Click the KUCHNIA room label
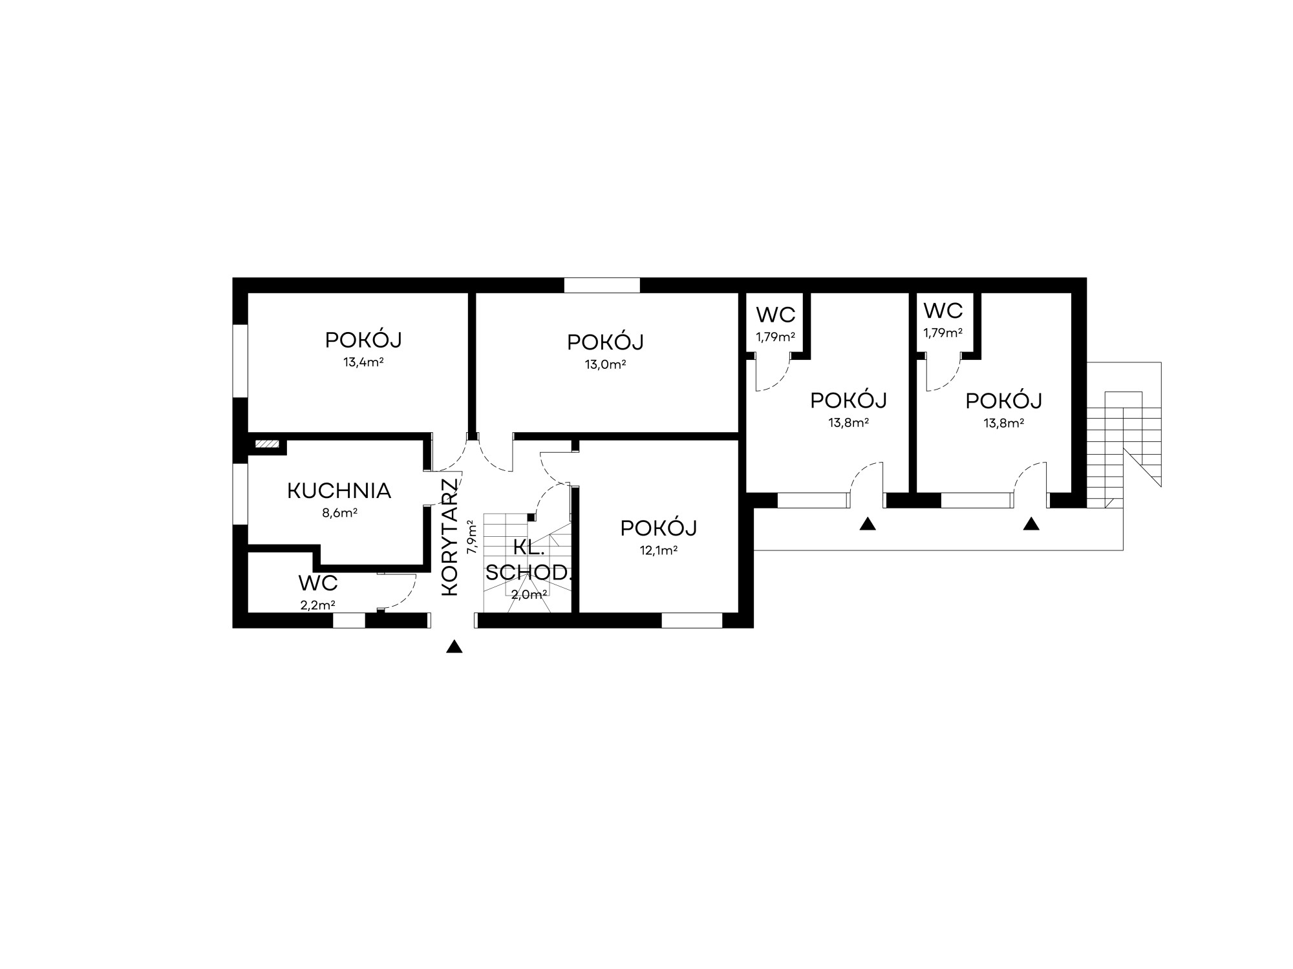click(339, 491)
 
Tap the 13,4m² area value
click(363, 362)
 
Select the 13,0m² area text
click(605, 364)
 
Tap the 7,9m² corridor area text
click(473, 536)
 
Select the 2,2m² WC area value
click(317, 605)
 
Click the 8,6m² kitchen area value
click(339, 513)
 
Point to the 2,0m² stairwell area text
click(529, 595)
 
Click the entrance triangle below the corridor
click(454, 647)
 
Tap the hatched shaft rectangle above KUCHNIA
click(267, 444)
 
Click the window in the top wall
click(602, 285)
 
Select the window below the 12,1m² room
click(692, 620)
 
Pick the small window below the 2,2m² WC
click(349, 620)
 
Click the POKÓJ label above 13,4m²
click(363, 340)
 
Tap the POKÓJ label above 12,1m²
click(658, 528)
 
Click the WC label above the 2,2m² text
click(318, 583)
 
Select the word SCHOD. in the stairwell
click(529, 572)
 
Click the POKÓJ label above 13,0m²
click(605, 342)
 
